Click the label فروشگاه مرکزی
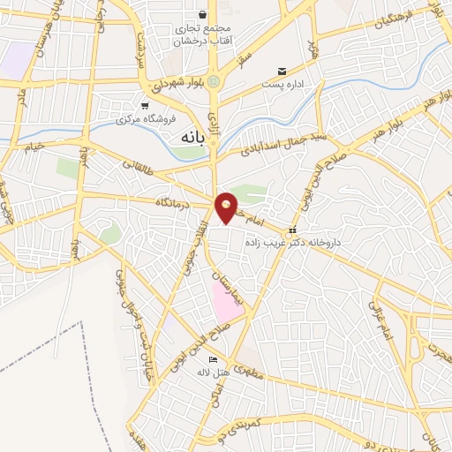point(142,117)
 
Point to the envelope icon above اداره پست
point(282,71)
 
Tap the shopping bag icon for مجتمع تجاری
point(204,15)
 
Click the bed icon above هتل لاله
point(212,359)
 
